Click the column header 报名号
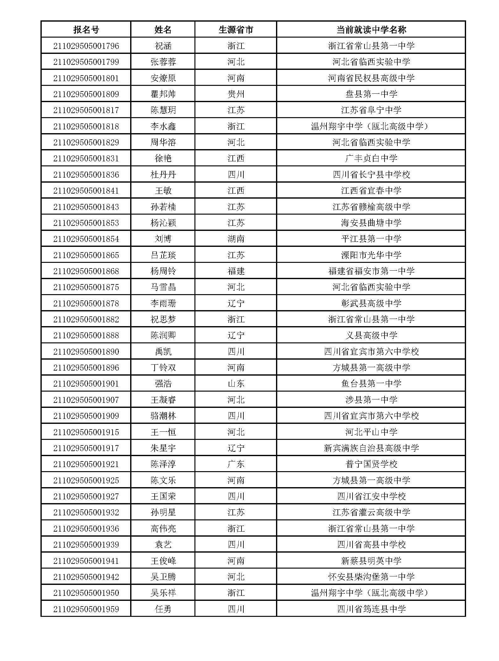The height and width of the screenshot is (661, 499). pyautogui.click(x=86, y=30)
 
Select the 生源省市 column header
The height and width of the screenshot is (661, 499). pyautogui.click(x=236, y=30)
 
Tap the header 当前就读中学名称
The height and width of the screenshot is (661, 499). pyautogui.click(x=371, y=30)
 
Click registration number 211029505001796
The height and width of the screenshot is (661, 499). pyautogui.click(x=86, y=46)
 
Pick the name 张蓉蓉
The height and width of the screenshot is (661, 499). pyautogui.click(x=163, y=62)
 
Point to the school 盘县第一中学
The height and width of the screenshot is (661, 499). pyautogui.click(x=371, y=94)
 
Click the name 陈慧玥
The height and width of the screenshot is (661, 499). pyautogui.click(x=163, y=110)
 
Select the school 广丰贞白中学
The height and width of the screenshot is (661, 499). pyautogui.click(x=371, y=159)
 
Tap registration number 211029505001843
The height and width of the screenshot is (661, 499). pyautogui.click(x=86, y=207)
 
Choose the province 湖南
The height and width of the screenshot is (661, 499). pyautogui.click(x=236, y=239)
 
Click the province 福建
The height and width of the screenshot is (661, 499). pyautogui.click(x=236, y=271)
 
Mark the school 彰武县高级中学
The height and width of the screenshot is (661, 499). pyautogui.click(x=371, y=303)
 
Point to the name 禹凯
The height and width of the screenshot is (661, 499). pyautogui.click(x=163, y=351)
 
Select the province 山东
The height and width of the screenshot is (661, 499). pyautogui.click(x=236, y=383)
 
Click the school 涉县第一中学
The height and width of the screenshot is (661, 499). pyautogui.click(x=371, y=400)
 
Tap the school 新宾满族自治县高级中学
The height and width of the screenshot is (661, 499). pyautogui.click(x=371, y=448)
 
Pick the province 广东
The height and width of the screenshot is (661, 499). pyautogui.click(x=236, y=464)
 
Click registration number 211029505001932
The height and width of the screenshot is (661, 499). pyautogui.click(x=86, y=512)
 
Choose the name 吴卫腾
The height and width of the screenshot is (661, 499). pyautogui.click(x=163, y=577)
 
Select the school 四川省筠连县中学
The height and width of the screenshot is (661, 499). pyautogui.click(x=371, y=609)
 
